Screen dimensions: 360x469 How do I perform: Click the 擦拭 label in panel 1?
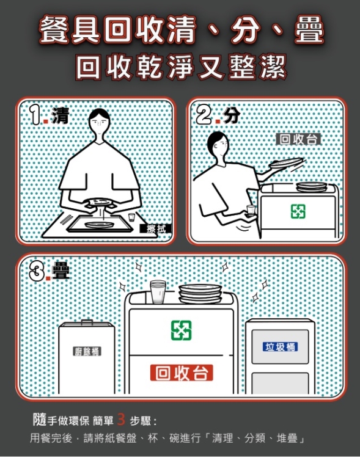click(x=156, y=229)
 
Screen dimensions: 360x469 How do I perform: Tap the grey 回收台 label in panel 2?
click(x=298, y=139)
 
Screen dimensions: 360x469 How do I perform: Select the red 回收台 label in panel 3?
click(x=182, y=373)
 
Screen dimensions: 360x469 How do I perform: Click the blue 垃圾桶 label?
click(x=280, y=347)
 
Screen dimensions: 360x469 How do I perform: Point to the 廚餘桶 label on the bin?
click(x=87, y=351)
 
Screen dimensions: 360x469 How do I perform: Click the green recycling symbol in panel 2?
click(x=298, y=211)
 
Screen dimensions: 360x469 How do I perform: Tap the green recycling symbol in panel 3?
click(x=182, y=330)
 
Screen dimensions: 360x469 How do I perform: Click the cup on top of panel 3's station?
click(x=158, y=292)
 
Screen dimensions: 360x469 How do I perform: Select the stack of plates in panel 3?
click(x=200, y=293)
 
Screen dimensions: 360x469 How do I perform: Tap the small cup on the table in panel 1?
click(x=131, y=217)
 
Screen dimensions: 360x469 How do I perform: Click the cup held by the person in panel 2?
click(x=251, y=210)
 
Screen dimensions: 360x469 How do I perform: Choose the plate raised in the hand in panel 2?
click(x=286, y=162)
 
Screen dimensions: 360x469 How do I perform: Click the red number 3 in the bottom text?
click(x=121, y=420)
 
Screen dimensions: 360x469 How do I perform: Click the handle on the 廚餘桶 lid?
click(x=87, y=322)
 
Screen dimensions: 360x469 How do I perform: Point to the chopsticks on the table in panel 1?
click(x=66, y=220)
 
